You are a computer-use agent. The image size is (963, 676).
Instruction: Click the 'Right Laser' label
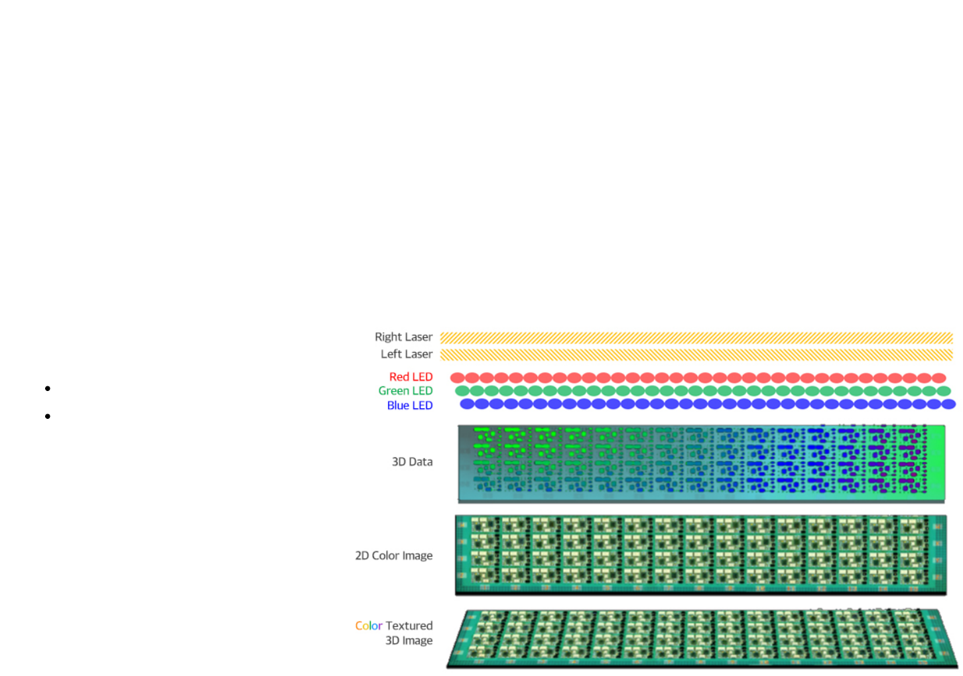403,337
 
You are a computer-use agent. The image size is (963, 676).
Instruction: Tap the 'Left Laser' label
407,355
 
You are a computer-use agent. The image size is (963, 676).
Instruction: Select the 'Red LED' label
411,377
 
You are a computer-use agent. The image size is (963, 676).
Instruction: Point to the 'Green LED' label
405,391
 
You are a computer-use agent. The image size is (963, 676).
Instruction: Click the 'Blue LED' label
410,406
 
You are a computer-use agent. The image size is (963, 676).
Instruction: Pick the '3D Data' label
412,462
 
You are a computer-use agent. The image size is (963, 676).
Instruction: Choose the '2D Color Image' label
393,556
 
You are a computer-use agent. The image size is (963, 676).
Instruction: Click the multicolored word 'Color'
369,626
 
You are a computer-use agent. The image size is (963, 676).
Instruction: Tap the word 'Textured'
409,626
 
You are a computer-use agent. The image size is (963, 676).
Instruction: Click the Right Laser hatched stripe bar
696,338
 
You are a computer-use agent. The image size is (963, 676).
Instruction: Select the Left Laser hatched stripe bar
696,355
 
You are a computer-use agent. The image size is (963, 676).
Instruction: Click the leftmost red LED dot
458,378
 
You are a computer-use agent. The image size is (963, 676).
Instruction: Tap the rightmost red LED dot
939,378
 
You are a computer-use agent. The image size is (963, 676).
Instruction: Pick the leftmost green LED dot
462,391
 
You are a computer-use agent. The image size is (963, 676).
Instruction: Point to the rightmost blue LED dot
948,404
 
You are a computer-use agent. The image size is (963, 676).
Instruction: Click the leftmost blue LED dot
468,404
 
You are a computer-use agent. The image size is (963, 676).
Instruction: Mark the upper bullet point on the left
48,388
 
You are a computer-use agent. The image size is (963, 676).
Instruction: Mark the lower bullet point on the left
48,417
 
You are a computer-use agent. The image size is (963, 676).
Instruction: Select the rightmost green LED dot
944,391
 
